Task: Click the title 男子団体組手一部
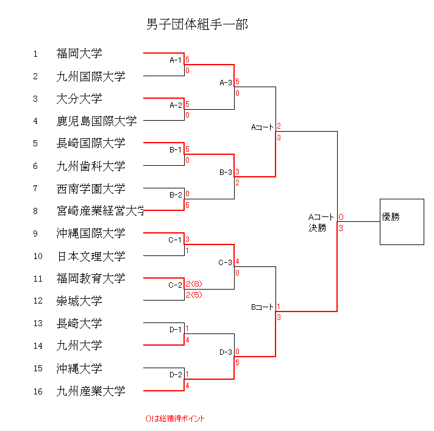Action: tap(197, 25)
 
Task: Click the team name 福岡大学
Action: tap(79, 54)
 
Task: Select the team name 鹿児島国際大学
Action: tap(96, 121)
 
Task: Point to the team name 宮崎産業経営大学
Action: tap(101, 211)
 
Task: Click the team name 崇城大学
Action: tap(79, 301)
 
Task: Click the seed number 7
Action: tap(35, 188)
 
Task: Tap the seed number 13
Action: tap(38, 324)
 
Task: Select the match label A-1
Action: tap(176, 60)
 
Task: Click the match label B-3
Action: tap(226, 173)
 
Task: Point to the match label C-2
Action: tap(176, 285)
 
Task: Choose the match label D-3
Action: tap(226, 352)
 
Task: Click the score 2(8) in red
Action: tap(194, 284)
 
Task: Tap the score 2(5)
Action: tap(194, 295)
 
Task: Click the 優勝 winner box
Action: tap(401, 222)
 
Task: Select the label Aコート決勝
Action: tap(321, 223)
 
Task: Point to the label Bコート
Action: tap(263, 307)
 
